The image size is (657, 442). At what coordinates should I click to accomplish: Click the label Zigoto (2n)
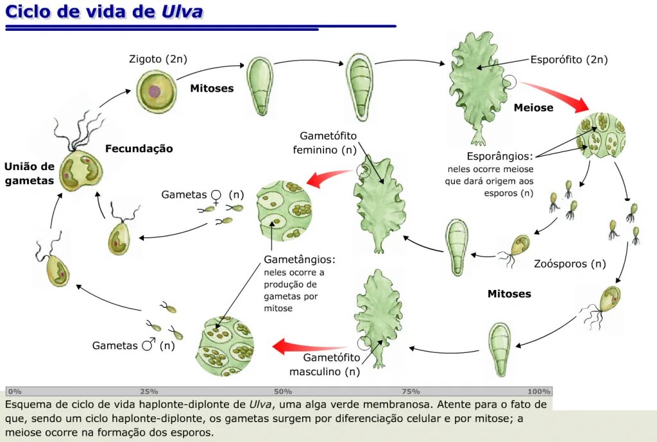click(158, 59)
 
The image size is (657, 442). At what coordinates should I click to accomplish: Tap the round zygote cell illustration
click(156, 91)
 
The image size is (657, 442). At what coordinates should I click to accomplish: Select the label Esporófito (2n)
click(568, 60)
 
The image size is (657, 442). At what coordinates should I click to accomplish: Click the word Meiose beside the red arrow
click(533, 108)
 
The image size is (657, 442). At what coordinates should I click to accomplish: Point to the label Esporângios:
click(499, 156)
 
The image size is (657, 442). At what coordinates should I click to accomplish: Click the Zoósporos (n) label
click(570, 264)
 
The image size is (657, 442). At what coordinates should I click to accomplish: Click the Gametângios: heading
click(299, 260)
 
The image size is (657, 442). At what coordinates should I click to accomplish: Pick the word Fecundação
click(139, 149)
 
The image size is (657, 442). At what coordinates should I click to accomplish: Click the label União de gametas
click(29, 174)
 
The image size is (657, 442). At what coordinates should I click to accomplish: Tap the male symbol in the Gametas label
click(148, 345)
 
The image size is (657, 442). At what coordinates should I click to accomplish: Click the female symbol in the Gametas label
click(217, 195)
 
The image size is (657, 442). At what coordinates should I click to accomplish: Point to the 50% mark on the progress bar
click(282, 391)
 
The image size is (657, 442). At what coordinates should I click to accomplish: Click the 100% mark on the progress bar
click(539, 391)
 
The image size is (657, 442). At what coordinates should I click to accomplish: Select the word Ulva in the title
click(183, 13)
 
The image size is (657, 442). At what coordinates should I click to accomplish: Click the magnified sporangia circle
click(601, 135)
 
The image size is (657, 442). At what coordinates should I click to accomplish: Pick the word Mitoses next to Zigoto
click(212, 89)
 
